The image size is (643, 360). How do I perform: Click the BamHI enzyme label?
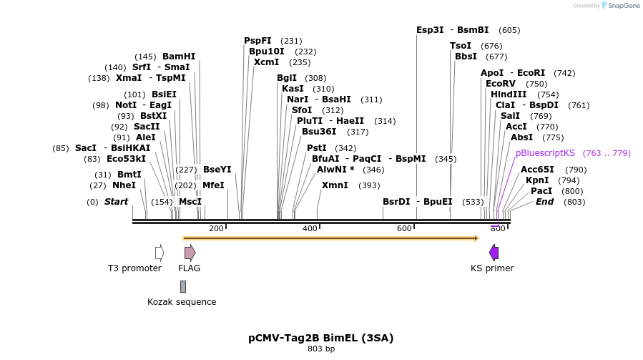click(x=179, y=57)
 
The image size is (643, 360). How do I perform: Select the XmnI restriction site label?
click(x=335, y=185)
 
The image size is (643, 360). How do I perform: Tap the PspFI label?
click(x=257, y=41)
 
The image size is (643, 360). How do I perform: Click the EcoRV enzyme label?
click(x=501, y=84)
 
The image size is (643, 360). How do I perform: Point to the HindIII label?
click(x=509, y=94)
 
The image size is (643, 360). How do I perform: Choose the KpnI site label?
click(x=537, y=180)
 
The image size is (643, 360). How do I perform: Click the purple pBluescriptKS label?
click(x=545, y=153)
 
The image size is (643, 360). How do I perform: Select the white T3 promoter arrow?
click(x=159, y=253)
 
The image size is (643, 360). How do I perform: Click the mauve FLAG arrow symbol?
click(x=190, y=253)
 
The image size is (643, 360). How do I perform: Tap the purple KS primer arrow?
click(x=494, y=253)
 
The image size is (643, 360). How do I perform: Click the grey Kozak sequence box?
click(x=183, y=286)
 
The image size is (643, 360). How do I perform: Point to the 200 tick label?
click(x=216, y=228)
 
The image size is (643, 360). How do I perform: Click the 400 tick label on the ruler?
click(x=310, y=228)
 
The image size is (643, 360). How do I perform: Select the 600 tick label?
click(x=404, y=228)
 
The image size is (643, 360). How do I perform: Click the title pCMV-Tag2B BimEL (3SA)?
click(x=321, y=338)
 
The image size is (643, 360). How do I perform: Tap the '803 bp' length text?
click(x=321, y=349)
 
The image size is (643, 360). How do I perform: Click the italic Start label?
click(x=116, y=202)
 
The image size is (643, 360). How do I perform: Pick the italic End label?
click(x=544, y=202)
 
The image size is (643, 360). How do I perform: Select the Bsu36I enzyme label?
click(x=319, y=132)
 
